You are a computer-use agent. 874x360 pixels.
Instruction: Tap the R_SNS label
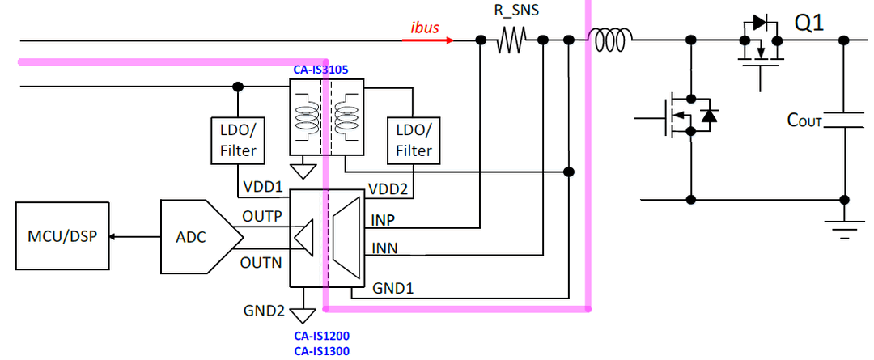point(517,11)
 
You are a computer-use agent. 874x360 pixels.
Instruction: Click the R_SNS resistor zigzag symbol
point(511,40)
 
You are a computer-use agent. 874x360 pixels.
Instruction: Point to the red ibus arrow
point(427,40)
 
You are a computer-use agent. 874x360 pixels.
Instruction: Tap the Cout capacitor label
point(804,120)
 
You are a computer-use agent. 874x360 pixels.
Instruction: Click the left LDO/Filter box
point(239,141)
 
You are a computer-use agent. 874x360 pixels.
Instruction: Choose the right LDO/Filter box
point(414,141)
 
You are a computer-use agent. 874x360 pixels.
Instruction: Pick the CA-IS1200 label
point(321,336)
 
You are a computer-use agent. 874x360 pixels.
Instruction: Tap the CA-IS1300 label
point(321,350)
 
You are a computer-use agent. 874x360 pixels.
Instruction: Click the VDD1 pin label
point(262,187)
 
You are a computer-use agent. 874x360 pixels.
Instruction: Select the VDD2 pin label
point(389,187)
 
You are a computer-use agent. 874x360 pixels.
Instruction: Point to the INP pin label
point(383,221)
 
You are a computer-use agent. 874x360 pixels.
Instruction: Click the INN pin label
point(384,248)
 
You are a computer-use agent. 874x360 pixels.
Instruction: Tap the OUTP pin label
point(261,216)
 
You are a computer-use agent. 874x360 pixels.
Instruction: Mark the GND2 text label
point(264,311)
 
